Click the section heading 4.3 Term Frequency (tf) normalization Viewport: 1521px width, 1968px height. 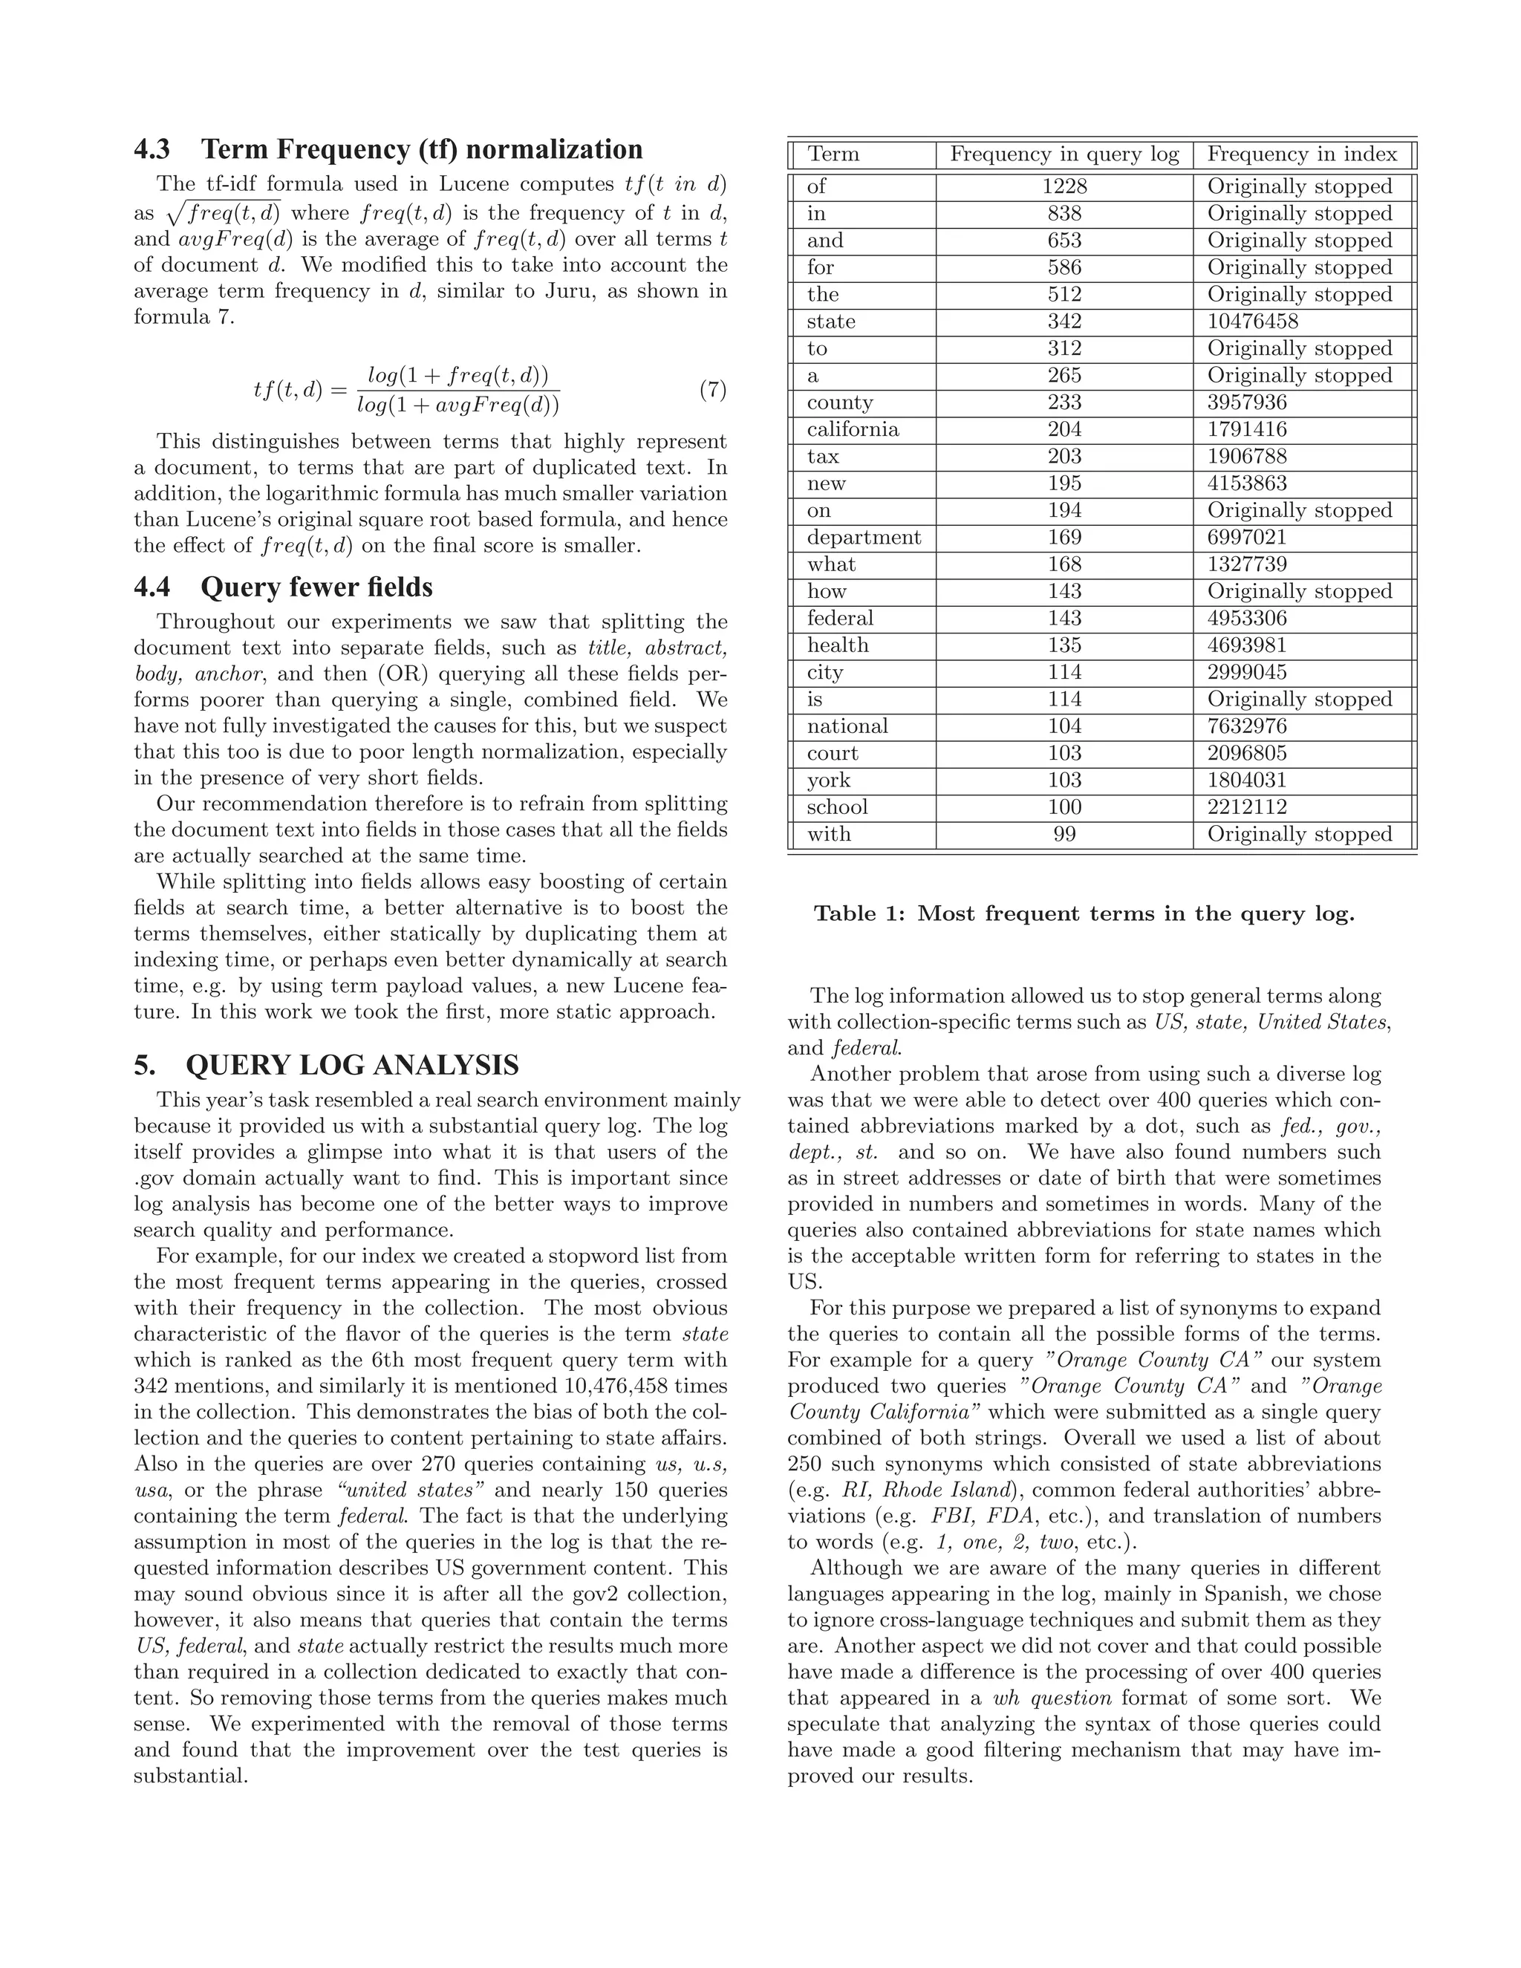click(388, 149)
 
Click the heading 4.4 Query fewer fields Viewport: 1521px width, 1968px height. click(283, 587)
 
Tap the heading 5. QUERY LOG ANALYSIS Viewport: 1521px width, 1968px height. click(326, 1065)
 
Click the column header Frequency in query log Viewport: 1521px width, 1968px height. click(1064, 154)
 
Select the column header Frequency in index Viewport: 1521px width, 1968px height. click(1302, 154)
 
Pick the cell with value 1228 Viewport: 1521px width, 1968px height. click(1064, 186)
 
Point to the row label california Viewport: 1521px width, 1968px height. click(853, 429)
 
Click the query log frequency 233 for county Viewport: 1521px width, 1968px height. click(1064, 402)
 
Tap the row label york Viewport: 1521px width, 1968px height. click(828, 781)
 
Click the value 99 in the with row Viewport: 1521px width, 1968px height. click(1064, 835)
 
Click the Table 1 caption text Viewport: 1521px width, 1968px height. click(1084, 913)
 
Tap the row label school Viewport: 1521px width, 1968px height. click(837, 807)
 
